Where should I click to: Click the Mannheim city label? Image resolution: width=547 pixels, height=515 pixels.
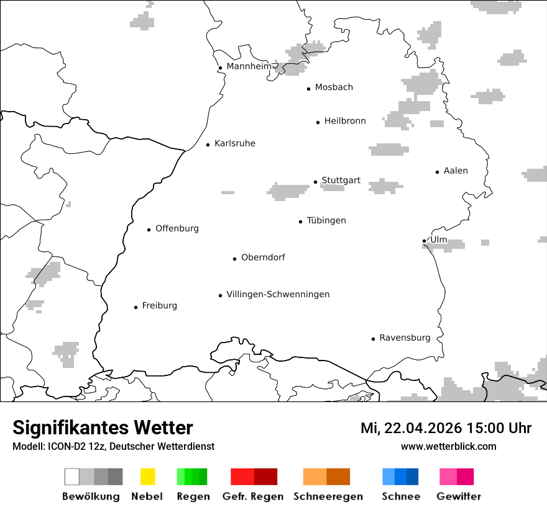pos(249,66)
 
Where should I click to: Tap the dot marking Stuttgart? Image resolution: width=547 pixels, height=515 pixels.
pos(315,182)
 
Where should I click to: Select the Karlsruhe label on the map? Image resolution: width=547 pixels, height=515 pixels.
pos(234,144)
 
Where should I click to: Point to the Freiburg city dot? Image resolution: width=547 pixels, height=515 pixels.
pos(136,307)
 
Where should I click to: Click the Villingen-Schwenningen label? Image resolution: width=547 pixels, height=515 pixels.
pos(278,295)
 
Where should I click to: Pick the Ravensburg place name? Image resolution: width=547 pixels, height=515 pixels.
pos(405,338)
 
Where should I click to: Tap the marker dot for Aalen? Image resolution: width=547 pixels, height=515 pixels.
pos(437,172)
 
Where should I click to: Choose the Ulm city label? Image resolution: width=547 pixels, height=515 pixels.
pos(439,240)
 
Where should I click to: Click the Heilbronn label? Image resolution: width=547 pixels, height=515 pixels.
pos(345,122)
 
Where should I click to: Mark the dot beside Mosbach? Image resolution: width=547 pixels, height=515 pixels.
pos(308,89)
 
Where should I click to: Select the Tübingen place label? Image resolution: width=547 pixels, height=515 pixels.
pos(326,221)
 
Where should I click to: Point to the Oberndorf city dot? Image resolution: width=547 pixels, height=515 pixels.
pos(234,259)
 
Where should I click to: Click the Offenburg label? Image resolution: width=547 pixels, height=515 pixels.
pos(177,229)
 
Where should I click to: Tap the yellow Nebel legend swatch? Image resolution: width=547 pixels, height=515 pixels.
pos(147,477)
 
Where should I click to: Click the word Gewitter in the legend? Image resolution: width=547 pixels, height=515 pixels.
pos(459,496)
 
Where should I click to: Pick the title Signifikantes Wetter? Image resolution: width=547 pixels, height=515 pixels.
pos(103,428)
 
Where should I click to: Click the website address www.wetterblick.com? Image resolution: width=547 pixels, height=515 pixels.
pos(448,447)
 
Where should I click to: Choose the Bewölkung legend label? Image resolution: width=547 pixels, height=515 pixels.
pos(91,496)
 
